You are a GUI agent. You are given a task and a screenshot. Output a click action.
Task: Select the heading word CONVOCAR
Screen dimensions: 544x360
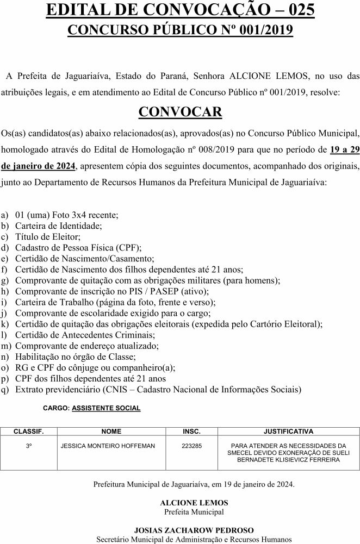click(180, 111)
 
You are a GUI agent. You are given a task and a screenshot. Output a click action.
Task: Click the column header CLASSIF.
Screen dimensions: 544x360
click(28, 432)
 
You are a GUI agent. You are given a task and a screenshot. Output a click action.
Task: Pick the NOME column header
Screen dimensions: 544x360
click(111, 432)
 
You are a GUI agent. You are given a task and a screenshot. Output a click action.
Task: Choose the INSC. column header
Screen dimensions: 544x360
click(191, 432)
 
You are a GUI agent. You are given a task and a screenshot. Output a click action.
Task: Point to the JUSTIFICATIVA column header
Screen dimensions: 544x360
click(288, 432)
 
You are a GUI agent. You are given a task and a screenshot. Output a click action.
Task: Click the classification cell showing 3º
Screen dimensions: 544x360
click(28, 446)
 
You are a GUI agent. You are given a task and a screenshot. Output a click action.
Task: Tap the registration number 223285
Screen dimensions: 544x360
click(191, 446)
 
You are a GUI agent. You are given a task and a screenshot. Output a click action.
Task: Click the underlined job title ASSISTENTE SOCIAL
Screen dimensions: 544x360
click(106, 408)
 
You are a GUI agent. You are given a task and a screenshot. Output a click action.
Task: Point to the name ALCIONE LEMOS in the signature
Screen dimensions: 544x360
click(194, 503)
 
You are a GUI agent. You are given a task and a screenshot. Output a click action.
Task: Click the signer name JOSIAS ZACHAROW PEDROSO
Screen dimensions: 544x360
click(194, 530)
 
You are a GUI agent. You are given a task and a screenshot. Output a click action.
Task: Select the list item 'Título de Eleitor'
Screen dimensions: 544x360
click(48, 236)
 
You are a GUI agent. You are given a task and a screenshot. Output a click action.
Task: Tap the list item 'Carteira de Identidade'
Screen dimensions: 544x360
click(58, 225)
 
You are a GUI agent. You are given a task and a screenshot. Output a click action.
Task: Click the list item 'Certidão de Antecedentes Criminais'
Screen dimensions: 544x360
click(82, 335)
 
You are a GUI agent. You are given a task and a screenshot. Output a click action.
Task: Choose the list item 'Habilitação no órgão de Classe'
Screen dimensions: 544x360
click(75, 357)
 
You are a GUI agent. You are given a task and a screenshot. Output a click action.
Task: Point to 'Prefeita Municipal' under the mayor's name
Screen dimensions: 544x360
click(194, 511)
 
